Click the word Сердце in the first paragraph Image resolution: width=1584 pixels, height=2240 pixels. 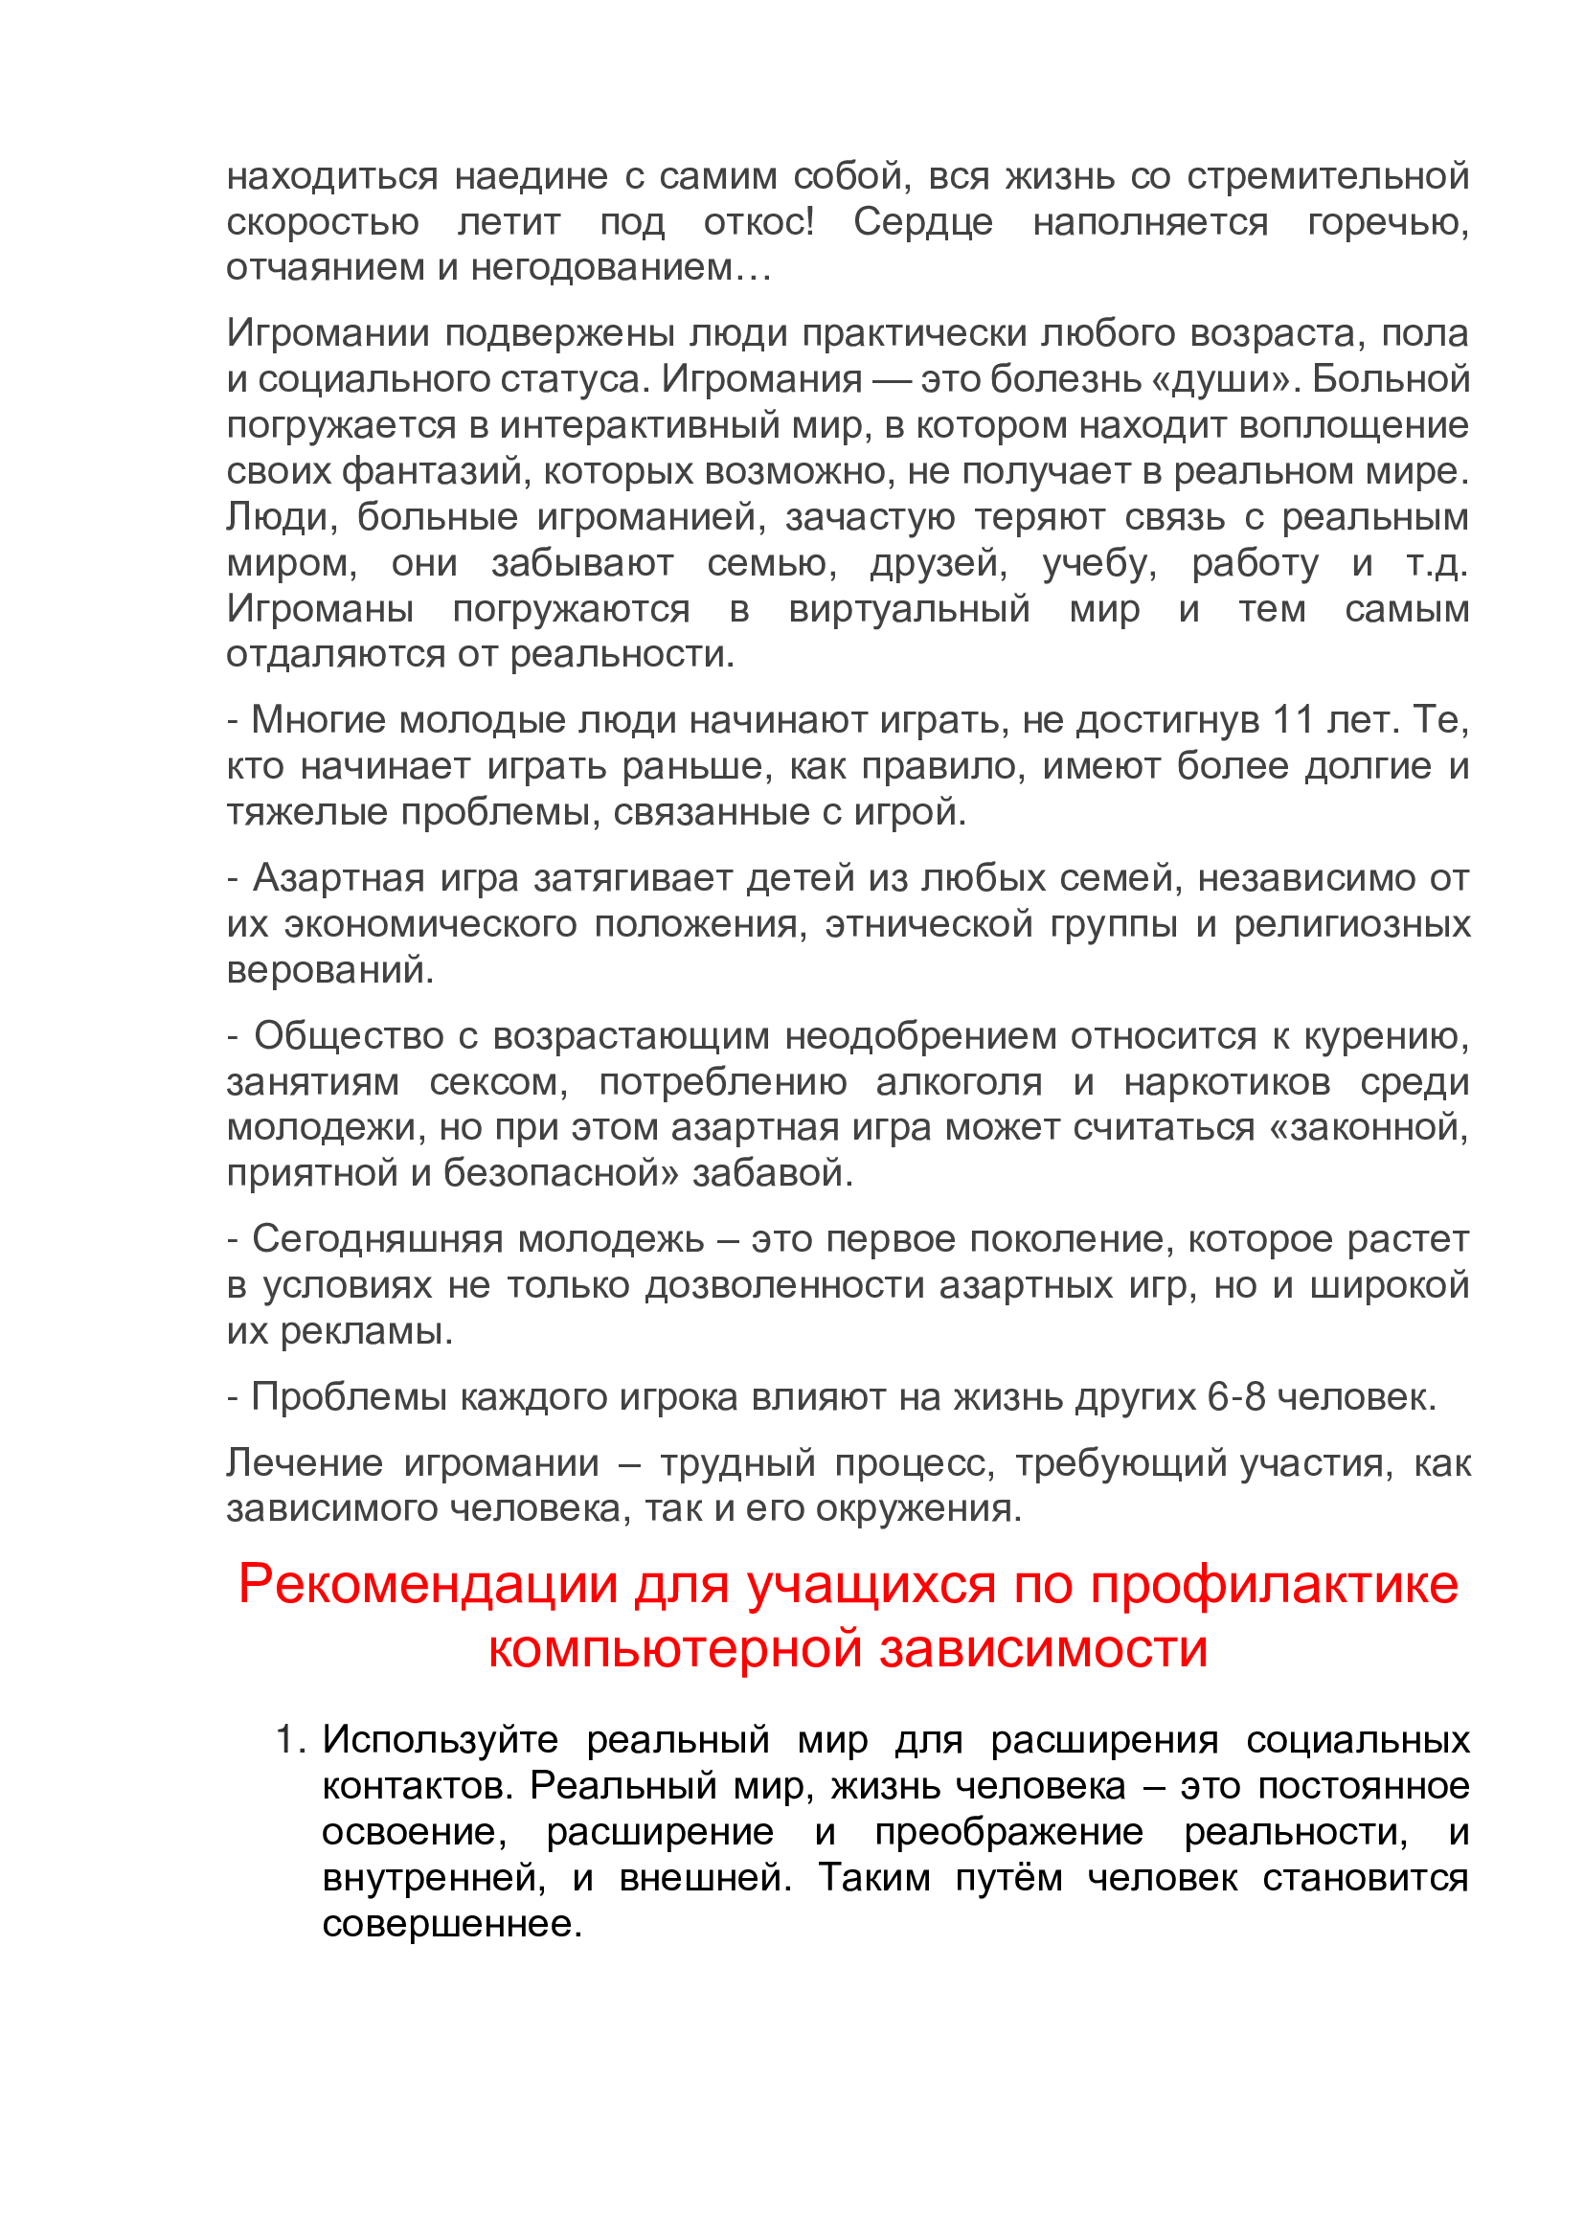click(x=922, y=222)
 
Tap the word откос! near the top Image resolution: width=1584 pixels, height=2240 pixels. click(x=758, y=222)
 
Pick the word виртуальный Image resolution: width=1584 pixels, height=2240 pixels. click(x=909, y=609)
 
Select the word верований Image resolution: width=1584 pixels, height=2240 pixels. click(x=329, y=970)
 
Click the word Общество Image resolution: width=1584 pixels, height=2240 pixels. click(x=350, y=1036)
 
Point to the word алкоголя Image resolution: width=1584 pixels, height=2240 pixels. click(x=959, y=1082)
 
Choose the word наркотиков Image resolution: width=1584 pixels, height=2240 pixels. click(x=1227, y=1082)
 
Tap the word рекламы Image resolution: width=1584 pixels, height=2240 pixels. click(x=367, y=1332)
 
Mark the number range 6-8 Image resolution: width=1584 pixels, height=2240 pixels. click(x=1235, y=1398)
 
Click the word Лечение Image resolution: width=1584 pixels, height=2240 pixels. click(x=305, y=1463)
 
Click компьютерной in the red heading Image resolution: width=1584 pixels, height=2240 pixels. click(x=675, y=1650)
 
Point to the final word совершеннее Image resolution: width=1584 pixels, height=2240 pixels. click(x=452, y=1924)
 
